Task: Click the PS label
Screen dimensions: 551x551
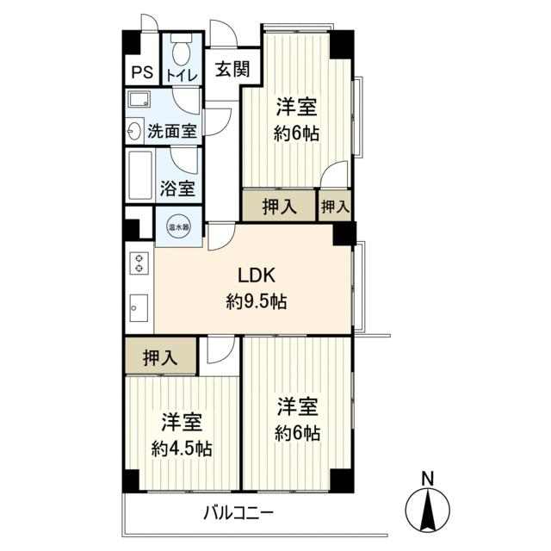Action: (x=142, y=72)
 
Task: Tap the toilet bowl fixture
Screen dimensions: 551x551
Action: (x=182, y=48)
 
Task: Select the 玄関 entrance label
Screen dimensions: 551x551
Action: (x=232, y=69)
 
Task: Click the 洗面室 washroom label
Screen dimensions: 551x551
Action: (x=172, y=131)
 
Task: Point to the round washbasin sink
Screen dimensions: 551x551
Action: (x=133, y=131)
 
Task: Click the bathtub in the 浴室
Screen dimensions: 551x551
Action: (x=140, y=175)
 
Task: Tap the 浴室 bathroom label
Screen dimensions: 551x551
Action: (x=177, y=188)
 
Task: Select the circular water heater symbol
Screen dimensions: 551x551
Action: (x=179, y=226)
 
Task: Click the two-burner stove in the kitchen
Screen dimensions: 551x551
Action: (x=139, y=263)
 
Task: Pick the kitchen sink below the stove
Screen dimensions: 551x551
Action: (x=139, y=308)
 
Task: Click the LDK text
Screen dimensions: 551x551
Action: (x=257, y=275)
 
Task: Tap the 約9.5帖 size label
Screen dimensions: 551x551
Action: (x=257, y=301)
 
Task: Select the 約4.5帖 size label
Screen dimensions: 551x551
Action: (x=182, y=449)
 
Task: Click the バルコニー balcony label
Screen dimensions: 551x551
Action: (x=238, y=513)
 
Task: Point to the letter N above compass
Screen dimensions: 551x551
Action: (x=427, y=479)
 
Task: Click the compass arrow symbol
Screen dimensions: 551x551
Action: (x=428, y=509)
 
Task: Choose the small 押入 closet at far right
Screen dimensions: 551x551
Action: (x=335, y=206)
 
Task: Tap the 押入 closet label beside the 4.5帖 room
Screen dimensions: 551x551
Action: (x=160, y=357)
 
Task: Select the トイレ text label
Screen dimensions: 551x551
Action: (x=182, y=76)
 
